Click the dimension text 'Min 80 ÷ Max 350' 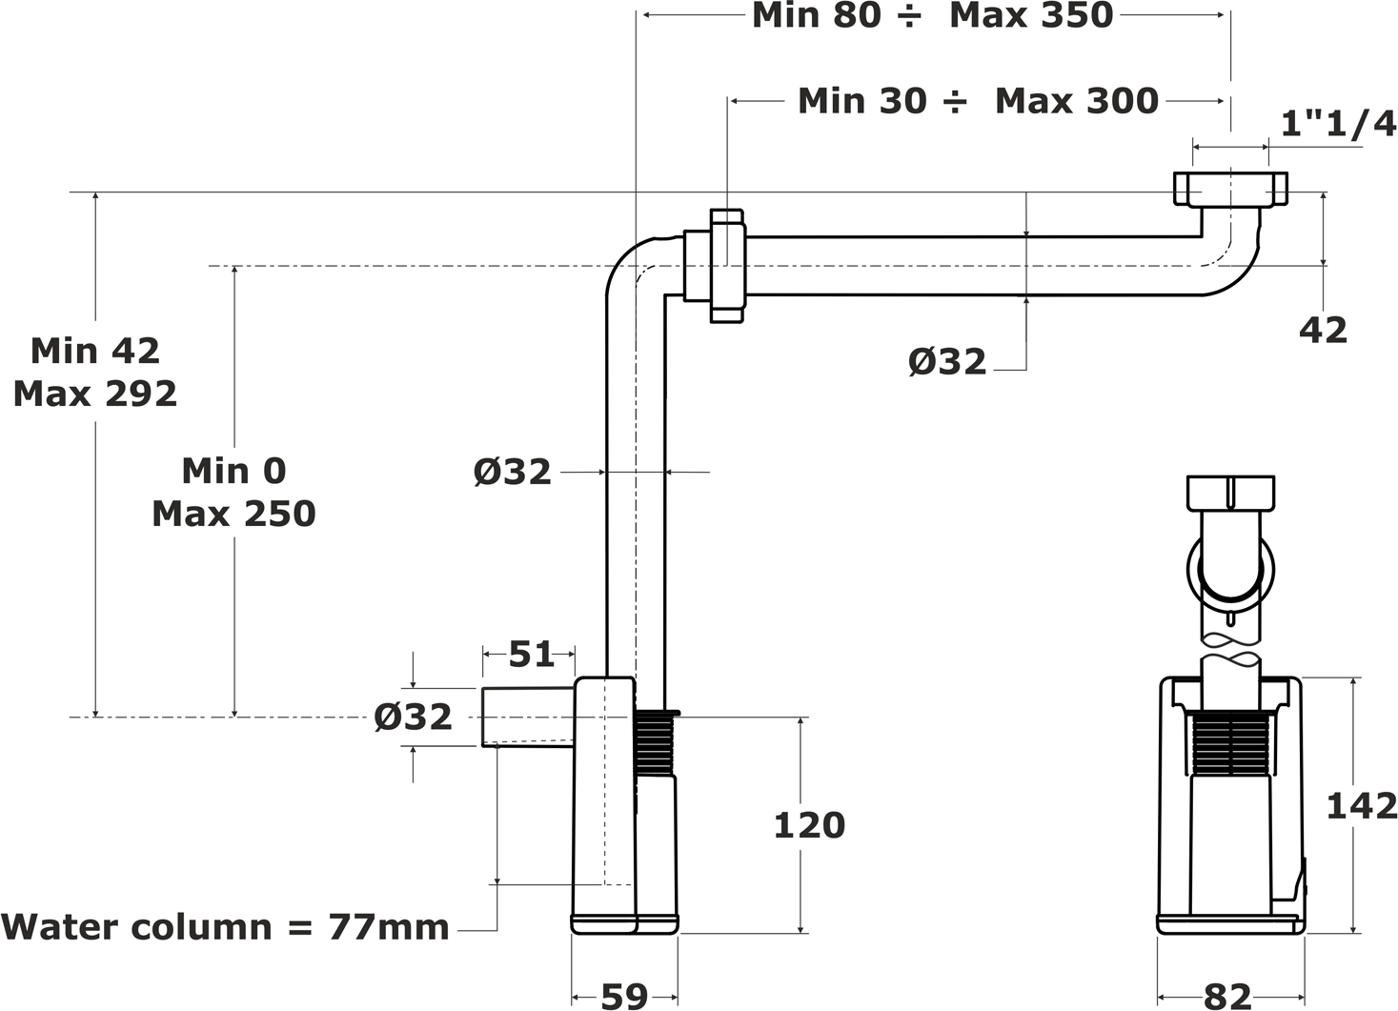pos(932,15)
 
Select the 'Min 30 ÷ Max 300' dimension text pos(978,100)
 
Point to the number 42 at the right pos(1323,330)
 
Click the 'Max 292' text pos(95,394)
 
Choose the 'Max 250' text pos(234,514)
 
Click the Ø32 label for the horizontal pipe pos(947,361)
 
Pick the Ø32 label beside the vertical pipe pos(513,472)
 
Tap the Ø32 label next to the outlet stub pos(414,717)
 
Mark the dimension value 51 pos(532,654)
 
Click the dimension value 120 pos(809,825)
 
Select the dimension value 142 pos(1362,806)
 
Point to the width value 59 pos(625,996)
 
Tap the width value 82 pos(1227,997)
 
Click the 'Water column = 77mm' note pos(225,927)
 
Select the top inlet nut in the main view pos(1230,189)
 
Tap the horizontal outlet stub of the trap pos(528,717)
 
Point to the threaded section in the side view pos(1230,744)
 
